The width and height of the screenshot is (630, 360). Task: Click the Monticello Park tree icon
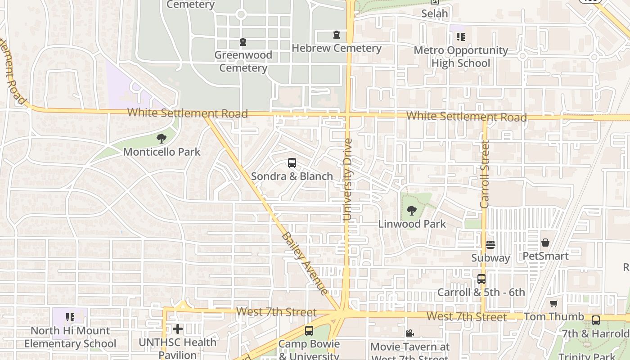(x=161, y=139)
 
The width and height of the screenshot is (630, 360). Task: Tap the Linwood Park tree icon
(x=411, y=210)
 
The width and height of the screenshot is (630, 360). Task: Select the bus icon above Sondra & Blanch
(x=292, y=163)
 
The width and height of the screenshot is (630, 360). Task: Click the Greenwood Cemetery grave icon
(x=243, y=42)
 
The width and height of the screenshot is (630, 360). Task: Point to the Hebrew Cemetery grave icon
(x=336, y=35)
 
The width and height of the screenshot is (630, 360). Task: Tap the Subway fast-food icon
(x=490, y=245)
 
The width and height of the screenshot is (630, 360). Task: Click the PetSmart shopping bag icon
(x=545, y=243)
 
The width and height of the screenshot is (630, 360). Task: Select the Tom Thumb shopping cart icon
(x=553, y=304)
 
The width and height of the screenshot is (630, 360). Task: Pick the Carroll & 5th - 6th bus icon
(x=481, y=279)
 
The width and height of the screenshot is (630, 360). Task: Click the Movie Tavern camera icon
(x=409, y=333)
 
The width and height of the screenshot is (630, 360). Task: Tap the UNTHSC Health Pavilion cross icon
(x=178, y=329)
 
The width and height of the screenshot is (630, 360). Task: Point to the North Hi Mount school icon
(x=70, y=318)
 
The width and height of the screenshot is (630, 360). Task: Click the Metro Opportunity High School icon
(x=460, y=37)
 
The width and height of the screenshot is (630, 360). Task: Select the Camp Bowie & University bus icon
(x=309, y=331)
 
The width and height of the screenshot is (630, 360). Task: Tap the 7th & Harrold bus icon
(x=595, y=320)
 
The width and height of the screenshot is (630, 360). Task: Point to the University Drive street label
(x=347, y=180)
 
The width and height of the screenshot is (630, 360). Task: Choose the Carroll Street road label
(x=485, y=174)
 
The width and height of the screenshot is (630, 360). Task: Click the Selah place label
(x=434, y=13)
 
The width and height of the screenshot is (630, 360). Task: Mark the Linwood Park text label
(x=412, y=224)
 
